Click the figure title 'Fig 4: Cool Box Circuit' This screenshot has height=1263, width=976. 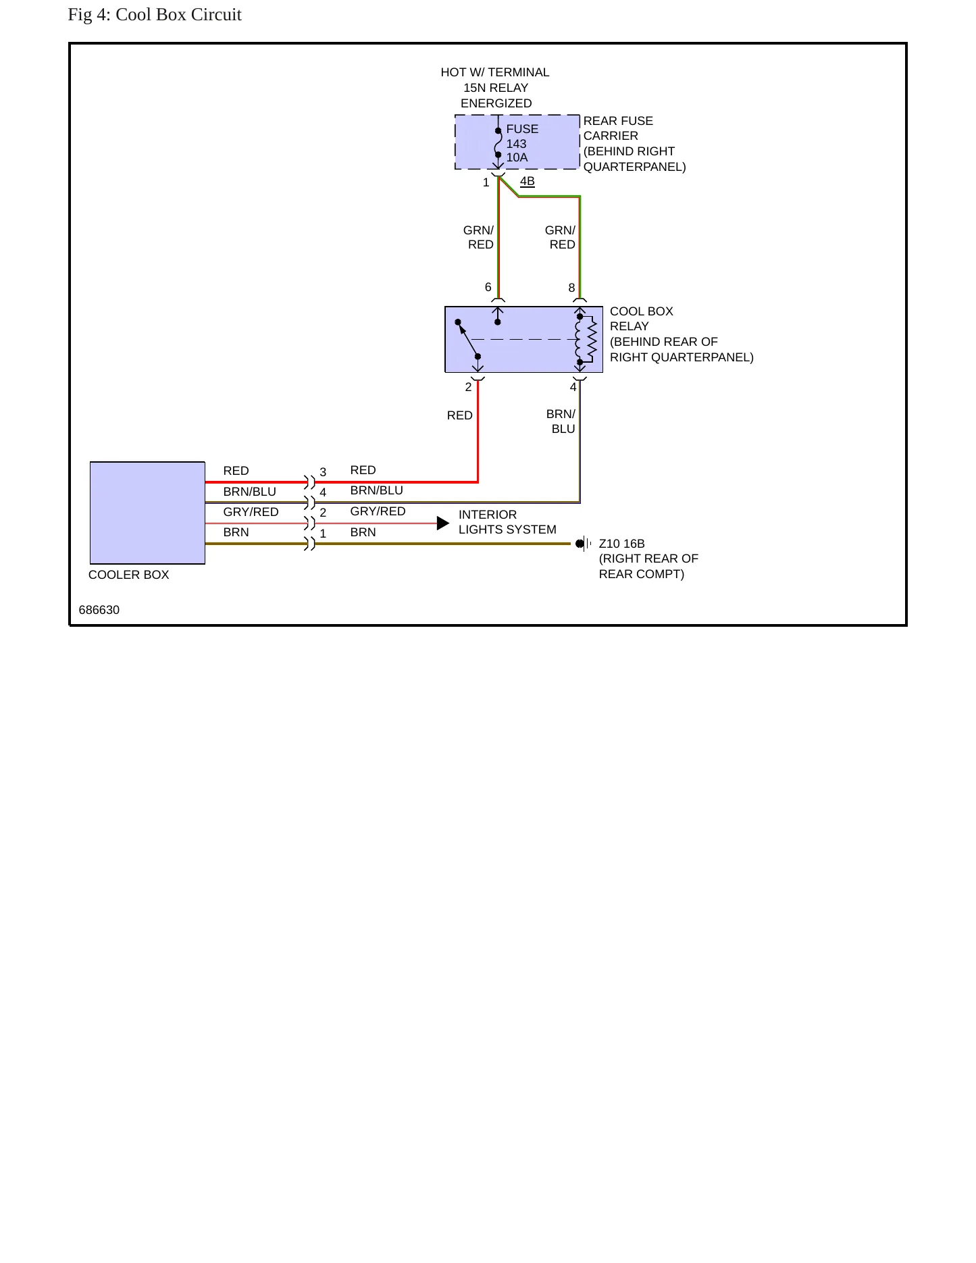pos(155,15)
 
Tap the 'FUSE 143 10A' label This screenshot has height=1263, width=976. pos(522,143)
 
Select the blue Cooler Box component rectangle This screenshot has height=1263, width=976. pos(147,513)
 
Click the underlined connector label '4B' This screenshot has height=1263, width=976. pos(528,181)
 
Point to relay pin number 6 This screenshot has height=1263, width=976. pos(488,287)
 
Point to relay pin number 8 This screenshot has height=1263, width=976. pos(571,288)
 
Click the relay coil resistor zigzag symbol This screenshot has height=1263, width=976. pos(592,340)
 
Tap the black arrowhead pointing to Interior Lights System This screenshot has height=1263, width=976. pos(443,523)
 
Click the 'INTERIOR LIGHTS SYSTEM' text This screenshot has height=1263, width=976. pos(507,522)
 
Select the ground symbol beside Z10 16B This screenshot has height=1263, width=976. pos(583,544)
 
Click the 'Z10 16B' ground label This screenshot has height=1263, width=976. pos(621,544)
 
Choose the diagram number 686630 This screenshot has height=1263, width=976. pos(99,610)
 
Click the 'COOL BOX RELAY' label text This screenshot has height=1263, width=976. pos(641,319)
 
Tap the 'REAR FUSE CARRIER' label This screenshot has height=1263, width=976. pos(618,128)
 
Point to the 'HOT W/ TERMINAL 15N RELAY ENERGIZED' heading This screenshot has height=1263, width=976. pos(495,88)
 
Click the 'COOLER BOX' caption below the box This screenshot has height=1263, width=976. pos(128,575)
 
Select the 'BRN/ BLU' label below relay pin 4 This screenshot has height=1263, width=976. pos(561,421)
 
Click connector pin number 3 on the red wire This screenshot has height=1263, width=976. pos(323,472)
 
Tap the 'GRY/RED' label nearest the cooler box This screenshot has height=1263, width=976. pos(251,512)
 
